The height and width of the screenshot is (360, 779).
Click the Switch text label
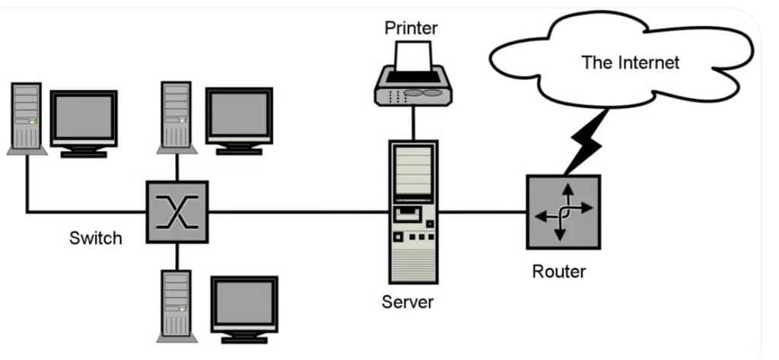pyautogui.click(x=95, y=238)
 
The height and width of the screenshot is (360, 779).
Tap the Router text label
pyautogui.click(x=559, y=272)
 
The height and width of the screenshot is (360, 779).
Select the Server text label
pyautogui.click(x=408, y=302)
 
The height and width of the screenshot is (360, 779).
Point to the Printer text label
pyautogui.click(x=412, y=28)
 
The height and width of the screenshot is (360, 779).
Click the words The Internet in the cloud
pyautogui.click(x=630, y=62)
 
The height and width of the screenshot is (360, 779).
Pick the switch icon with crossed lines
pyautogui.click(x=176, y=212)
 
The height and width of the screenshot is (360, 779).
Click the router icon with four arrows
pyautogui.click(x=564, y=212)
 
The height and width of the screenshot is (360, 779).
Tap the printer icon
pyautogui.click(x=413, y=74)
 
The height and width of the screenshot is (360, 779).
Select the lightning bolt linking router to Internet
pyautogui.click(x=587, y=143)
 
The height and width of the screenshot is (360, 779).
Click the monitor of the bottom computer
pyautogui.click(x=244, y=309)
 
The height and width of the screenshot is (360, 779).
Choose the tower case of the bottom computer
pyautogui.click(x=176, y=306)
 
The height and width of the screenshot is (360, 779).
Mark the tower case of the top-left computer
pyautogui.click(x=27, y=119)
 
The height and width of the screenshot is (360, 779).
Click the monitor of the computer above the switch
pyautogui.click(x=240, y=121)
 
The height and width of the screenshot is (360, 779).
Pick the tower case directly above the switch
pyautogui.click(x=176, y=118)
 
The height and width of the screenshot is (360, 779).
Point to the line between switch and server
pyautogui.click(x=298, y=212)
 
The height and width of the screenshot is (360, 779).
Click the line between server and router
pyautogui.click(x=482, y=212)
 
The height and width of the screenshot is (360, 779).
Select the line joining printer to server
pyautogui.click(x=413, y=123)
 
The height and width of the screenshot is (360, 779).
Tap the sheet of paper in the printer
pyautogui.click(x=413, y=56)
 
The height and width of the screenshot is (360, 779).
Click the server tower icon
pyautogui.click(x=413, y=212)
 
